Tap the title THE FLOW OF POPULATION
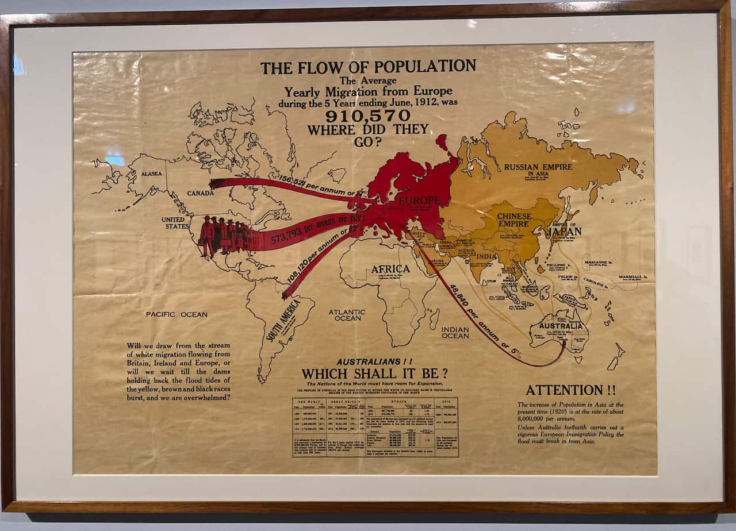tap(368, 67)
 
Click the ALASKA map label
tap(152, 173)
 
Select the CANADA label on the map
tap(201, 193)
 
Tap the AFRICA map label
tap(390, 269)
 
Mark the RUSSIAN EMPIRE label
tap(538, 167)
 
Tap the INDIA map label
tap(486, 257)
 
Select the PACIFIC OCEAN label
tap(176, 314)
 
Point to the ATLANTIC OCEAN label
tap(347, 315)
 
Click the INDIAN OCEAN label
tap(455, 332)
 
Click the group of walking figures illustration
tap(224, 236)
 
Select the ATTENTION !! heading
tap(570, 390)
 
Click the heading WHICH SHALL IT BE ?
tap(375, 374)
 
